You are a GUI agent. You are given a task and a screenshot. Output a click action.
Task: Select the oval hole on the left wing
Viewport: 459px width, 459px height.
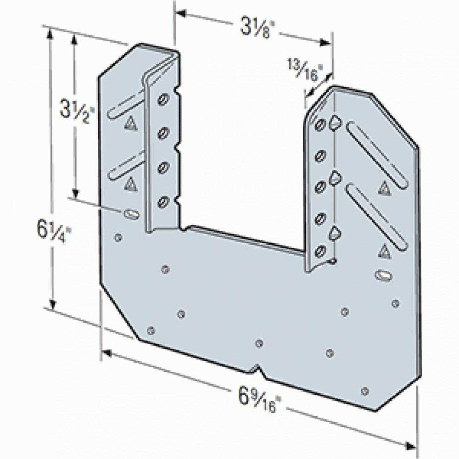[x=130, y=214]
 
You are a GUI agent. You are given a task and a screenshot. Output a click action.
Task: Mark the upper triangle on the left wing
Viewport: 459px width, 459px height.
[x=130, y=123]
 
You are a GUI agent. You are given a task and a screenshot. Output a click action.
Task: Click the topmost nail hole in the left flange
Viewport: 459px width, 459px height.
[x=163, y=99]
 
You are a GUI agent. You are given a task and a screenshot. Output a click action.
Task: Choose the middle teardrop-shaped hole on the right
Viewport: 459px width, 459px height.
[x=335, y=177]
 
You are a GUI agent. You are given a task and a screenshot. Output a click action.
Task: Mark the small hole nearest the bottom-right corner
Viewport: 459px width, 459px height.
[x=365, y=391]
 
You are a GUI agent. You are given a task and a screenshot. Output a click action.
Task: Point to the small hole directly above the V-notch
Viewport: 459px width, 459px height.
[x=259, y=343]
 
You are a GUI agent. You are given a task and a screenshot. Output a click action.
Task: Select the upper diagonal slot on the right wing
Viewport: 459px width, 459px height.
[x=377, y=152]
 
